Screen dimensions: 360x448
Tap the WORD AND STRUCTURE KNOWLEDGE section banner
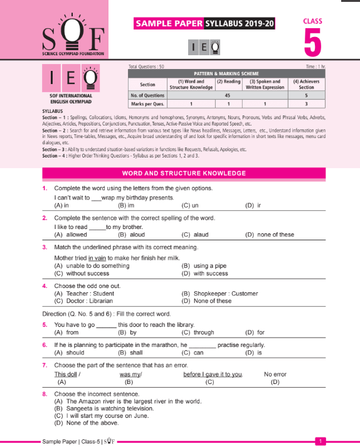[183, 173]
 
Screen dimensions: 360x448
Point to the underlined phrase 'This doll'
[67, 374]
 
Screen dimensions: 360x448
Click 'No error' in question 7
[275, 374]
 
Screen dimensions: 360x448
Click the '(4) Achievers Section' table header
[305, 84]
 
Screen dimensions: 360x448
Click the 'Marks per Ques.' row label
[147, 104]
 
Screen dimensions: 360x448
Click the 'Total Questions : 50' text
[146, 66]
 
